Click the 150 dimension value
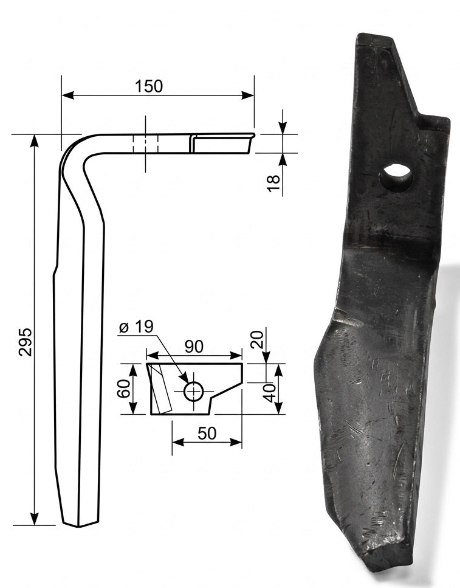tap(149, 86)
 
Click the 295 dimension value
tap(26, 342)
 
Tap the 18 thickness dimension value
tap(274, 184)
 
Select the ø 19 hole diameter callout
tap(136, 327)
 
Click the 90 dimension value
tap(193, 346)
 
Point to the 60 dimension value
tap(124, 388)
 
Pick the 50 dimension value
tap(207, 434)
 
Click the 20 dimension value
tap(258, 340)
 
